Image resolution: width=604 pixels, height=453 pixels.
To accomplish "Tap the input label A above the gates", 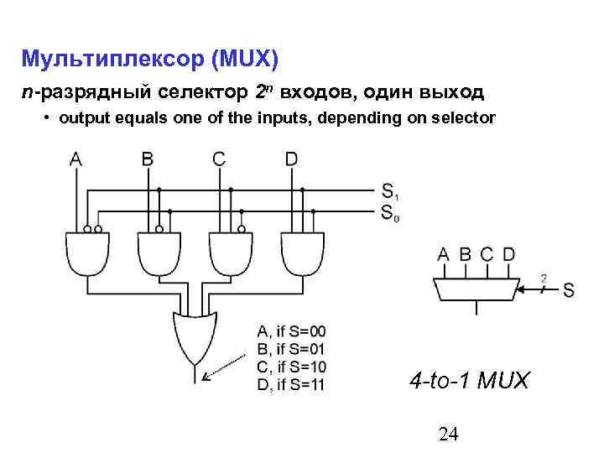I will pos(76,158).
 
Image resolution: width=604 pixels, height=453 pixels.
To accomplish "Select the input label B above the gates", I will pos(148,158).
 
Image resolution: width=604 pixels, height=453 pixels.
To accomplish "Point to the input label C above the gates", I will pos(219,158).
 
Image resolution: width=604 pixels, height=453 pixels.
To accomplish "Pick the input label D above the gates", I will pos(291,158).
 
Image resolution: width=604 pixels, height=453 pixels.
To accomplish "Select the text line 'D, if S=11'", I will pos(289,385).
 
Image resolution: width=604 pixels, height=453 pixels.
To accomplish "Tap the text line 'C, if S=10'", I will pos(289,367).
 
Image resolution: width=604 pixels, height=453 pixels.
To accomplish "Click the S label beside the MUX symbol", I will pos(569,291).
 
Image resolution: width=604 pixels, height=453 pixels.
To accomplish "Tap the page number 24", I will pos(448,433).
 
